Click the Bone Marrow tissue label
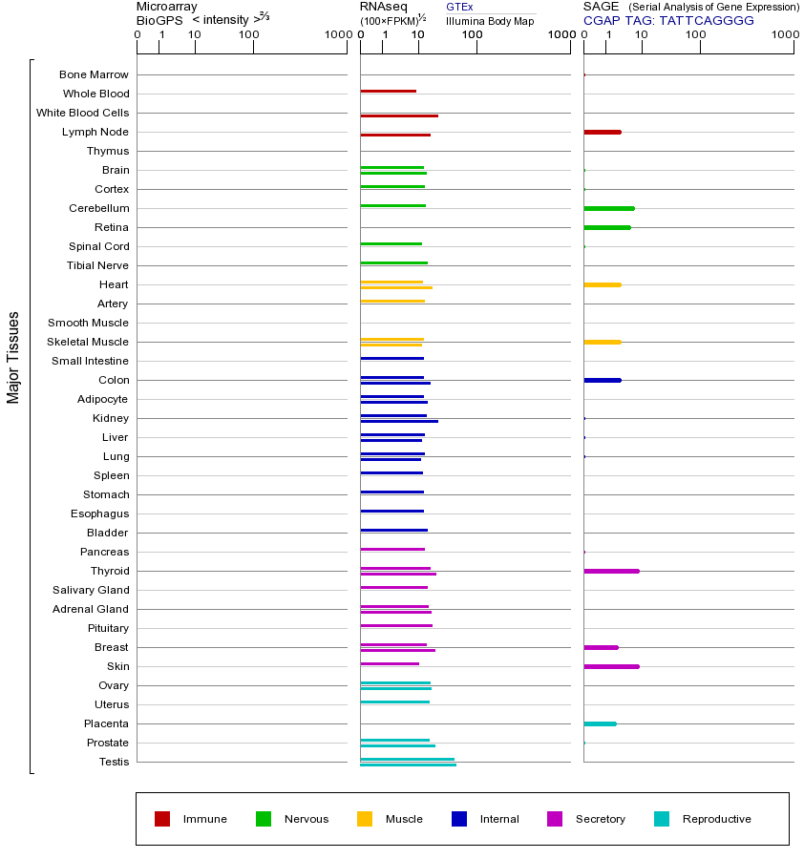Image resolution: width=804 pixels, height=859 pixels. tap(94, 74)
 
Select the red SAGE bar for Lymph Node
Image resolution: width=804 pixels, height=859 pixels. tap(602, 132)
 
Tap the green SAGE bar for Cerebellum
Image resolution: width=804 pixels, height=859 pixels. tap(608, 208)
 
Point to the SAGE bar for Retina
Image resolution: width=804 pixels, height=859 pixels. tap(606, 227)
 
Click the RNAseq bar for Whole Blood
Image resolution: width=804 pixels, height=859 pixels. tap(388, 91)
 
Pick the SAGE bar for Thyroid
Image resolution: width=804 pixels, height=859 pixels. tap(611, 571)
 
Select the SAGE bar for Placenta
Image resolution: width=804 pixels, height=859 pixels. tap(600, 723)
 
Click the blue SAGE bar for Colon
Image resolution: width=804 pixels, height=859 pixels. tap(602, 380)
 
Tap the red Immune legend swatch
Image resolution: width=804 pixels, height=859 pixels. tap(162, 819)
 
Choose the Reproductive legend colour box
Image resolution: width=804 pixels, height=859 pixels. tap(662, 819)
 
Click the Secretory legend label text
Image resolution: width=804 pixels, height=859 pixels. tap(600, 819)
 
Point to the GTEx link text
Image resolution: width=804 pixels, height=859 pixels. tap(459, 8)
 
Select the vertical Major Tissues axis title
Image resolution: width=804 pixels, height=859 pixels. tap(13, 357)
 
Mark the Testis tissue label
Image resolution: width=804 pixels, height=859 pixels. tap(114, 762)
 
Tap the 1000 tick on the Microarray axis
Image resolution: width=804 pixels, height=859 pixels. tap(336, 35)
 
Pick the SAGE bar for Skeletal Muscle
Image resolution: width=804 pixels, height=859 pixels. tap(602, 342)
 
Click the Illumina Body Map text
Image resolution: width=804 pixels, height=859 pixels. tap(490, 20)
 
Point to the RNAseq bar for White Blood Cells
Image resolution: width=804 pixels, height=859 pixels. tap(398, 115)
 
